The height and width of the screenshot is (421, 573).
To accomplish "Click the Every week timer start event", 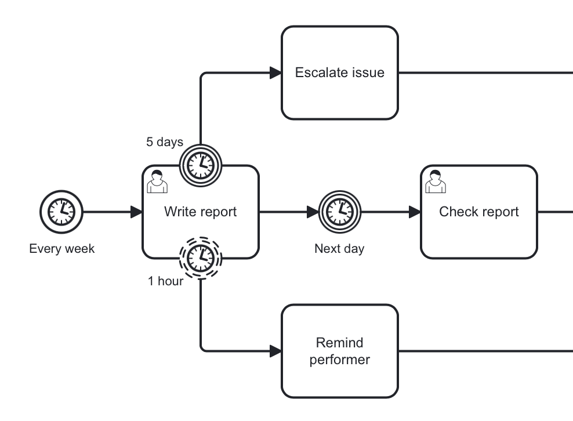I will click(61, 212).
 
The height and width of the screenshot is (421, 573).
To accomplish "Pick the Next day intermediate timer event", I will click(339, 212).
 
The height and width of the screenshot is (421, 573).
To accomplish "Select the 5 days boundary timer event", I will click(200, 165).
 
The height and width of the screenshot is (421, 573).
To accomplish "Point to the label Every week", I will click(61, 249).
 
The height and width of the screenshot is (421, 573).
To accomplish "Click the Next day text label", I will click(339, 249).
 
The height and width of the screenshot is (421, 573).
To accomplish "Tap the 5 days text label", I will click(164, 142).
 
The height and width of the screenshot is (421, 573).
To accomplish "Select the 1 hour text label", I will click(165, 282).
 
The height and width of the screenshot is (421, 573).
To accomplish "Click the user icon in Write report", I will click(157, 182).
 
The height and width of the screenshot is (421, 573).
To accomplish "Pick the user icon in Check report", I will click(435, 182).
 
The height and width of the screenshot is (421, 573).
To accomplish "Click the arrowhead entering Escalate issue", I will click(275, 72).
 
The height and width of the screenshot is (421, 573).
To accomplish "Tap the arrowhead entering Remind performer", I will click(275, 351).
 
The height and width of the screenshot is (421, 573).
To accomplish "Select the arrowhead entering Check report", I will click(415, 212).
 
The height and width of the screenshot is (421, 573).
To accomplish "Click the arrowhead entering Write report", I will click(136, 212).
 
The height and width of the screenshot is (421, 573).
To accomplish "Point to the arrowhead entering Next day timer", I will click(313, 212).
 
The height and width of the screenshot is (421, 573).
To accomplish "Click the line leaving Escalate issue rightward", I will click(487, 72).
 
